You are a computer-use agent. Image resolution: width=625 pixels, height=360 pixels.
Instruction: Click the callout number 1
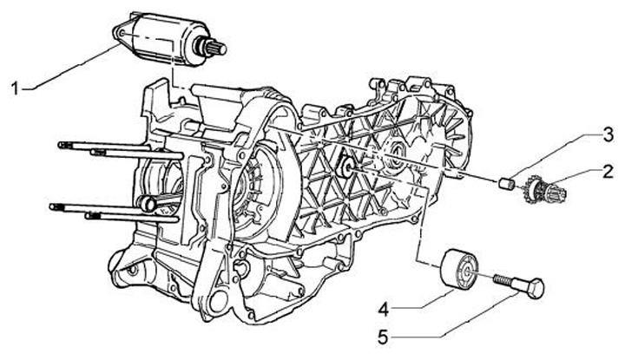pyautogui.click(x=15, y=88)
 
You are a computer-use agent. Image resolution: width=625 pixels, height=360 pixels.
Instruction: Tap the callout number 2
pyautogui.click(x=607, y=172)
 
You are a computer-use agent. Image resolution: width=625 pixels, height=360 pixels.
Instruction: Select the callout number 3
pyautogui.click(x=608, y=135)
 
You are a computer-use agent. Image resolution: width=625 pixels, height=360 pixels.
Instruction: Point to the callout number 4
pyautogui.click(x=384, y=310)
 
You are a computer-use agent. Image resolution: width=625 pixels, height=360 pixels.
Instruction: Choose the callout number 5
pyautogui.click(x=383, y=338)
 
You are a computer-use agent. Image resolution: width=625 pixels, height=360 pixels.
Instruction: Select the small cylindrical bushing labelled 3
pyautogui.click(x=506, y=184)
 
